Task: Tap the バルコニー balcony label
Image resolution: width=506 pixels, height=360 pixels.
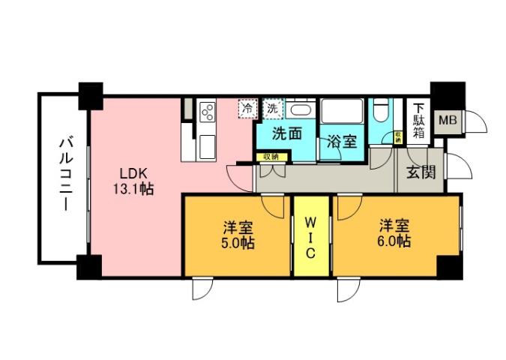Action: [64, 173]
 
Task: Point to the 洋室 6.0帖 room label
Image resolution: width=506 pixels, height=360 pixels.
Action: [394, 232]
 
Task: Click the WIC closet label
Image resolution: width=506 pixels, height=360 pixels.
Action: [311, 237]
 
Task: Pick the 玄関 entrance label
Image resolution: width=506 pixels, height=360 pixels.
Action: [420, 173]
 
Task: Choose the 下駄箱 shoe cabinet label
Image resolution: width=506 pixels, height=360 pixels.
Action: [417, 120]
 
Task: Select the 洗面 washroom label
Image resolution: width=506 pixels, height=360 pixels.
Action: [286, 135]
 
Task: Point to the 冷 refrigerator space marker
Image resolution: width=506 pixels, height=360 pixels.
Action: [247, 108]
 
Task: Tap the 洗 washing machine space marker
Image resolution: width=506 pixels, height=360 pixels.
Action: [271, 108]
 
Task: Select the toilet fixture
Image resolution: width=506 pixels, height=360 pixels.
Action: [381, 112]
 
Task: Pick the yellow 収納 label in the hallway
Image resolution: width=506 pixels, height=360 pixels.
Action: [271, 157]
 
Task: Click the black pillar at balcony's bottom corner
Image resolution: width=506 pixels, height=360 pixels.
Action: [88, 266]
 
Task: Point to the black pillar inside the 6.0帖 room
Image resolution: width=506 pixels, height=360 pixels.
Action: [448, 265]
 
